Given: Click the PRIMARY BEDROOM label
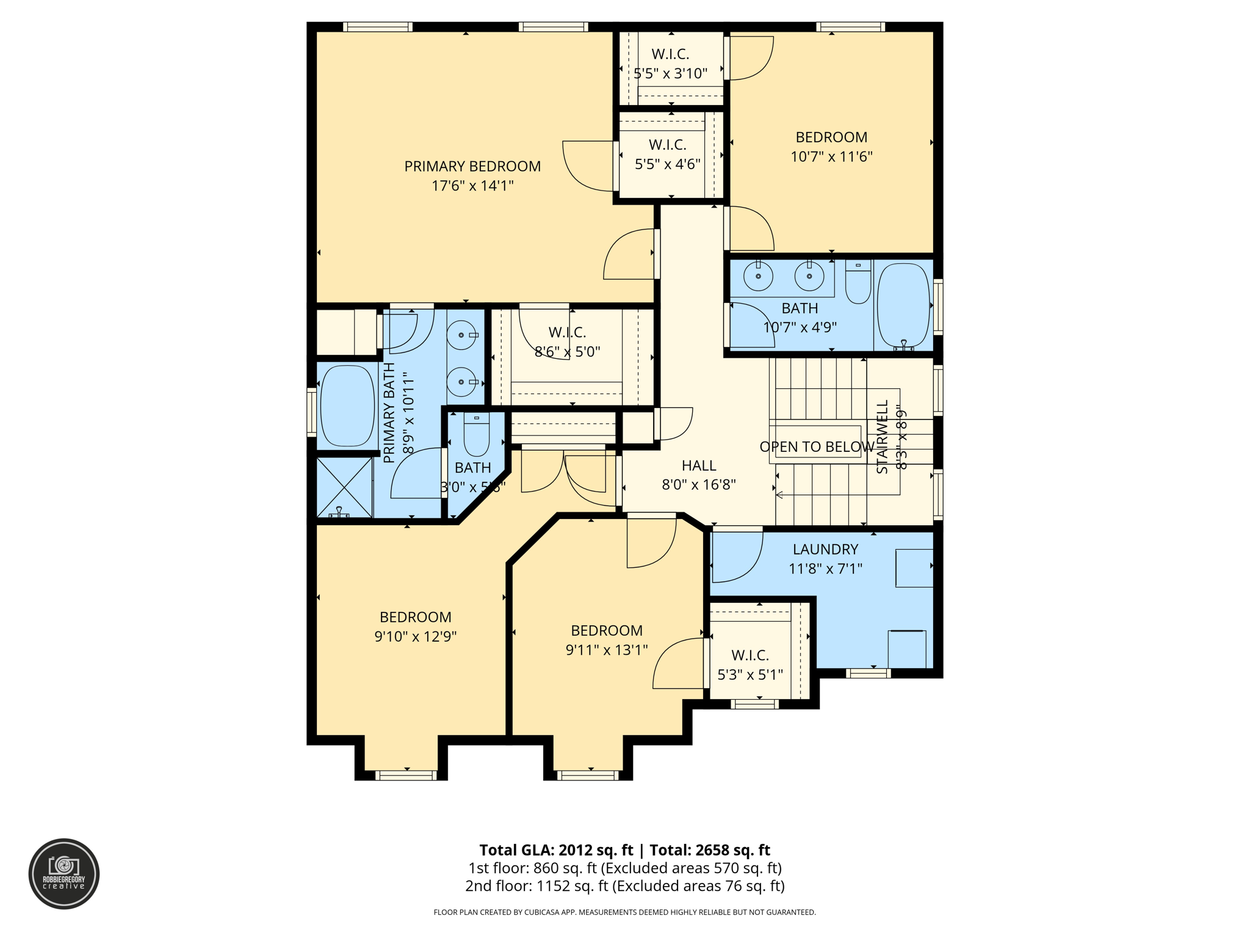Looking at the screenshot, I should tap(472, 166).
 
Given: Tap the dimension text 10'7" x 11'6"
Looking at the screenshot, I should tap(831, 157).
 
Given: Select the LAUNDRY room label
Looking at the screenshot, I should tap(825, 549).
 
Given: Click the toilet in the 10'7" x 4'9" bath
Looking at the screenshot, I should tap(858, 283).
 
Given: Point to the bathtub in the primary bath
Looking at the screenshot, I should tap(347, 406).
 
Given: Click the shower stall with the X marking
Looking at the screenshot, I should tap(345, 488).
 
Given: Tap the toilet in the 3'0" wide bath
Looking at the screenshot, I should tap(476, 434).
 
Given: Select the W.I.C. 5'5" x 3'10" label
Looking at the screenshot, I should tap(670, 64).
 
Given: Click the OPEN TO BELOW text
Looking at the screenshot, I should tap(816, 447).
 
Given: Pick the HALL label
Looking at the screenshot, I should tap(699, 465).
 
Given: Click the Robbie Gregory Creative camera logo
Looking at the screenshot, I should tap(64, 873).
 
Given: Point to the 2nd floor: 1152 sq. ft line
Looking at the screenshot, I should tap(624, 886).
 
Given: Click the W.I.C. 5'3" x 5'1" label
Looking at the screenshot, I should tap(750, 664).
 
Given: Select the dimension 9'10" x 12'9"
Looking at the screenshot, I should tap(415, 636).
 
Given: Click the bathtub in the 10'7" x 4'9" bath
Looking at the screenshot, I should tap(903, 305).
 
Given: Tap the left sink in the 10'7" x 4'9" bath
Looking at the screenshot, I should tap(758, 277).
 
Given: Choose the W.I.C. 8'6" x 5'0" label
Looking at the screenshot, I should tap(567, 342).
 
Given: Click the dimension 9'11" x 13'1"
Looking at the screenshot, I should tap(606, 650).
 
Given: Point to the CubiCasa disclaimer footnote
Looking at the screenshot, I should tap(624, 912).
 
